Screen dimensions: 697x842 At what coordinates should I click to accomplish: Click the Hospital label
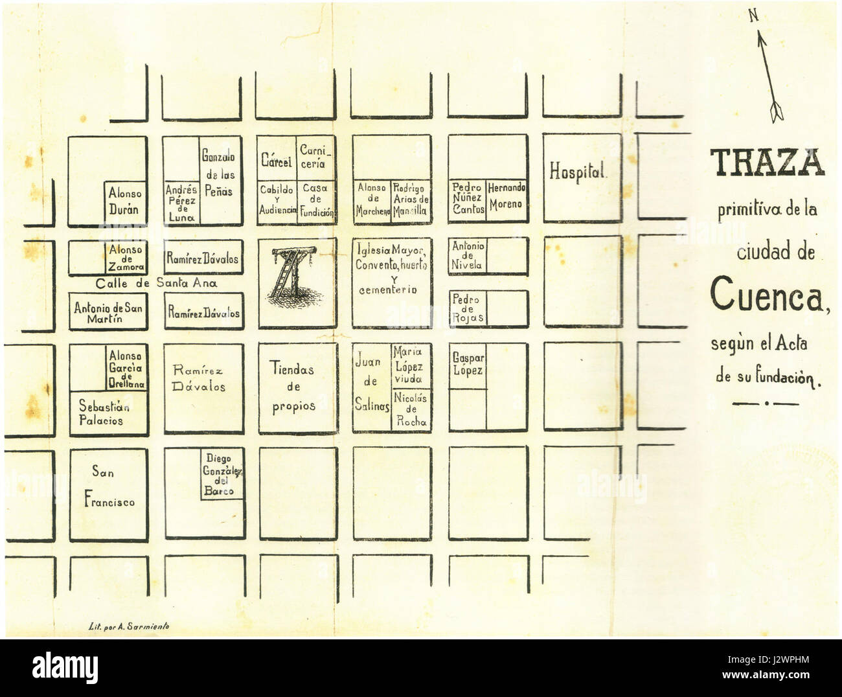pyautogui.click(x=578, y=172)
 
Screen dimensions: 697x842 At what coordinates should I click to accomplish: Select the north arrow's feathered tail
pyautogui.click(x=777, y=111)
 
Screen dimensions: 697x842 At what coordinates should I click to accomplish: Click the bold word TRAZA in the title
pyautogui.click(x=768, y=163)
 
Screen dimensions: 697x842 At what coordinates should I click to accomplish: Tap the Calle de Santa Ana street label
pyautogui.click(x=156, y=283)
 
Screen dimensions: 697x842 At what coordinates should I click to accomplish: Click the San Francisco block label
pyautogui.click(x=108, y=487)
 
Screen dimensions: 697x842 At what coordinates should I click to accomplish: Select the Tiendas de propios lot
pyautogui.click(x=293, y=387)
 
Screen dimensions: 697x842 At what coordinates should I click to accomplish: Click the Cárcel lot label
pyautogui.click(x=276, y=159)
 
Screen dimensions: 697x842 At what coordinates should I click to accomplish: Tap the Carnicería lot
pyautogui.click(x=315, y=157)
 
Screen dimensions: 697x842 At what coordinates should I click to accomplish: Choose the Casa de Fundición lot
pyautogui.click(x=316, y=200)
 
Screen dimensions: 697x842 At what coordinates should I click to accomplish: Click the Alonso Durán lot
pyautogui.click(x=125, y=201)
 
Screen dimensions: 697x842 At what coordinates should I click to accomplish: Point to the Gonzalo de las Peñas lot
pyautogui.click(x=219, y=174)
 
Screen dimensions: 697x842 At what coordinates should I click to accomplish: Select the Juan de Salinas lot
pyautogui.click(x=371, y=383)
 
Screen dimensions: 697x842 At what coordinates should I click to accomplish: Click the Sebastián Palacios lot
pyautogui.click(x=104, y=413)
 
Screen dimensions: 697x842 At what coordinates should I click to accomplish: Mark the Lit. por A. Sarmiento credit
pyautogui.click(x=129, y=626)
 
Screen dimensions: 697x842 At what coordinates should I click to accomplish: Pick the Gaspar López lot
pyautogui.click(x=468, y=364)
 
